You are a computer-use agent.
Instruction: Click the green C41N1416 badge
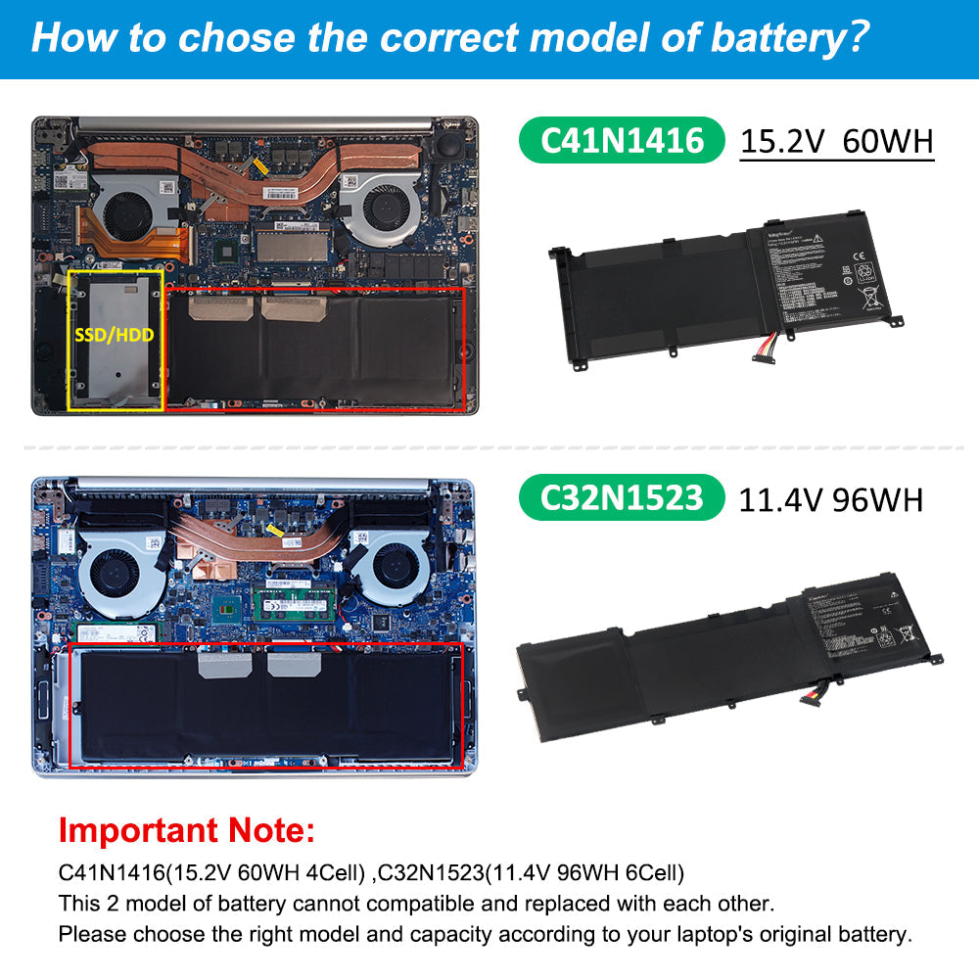point(622,140)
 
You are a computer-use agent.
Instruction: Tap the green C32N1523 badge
point(622,498)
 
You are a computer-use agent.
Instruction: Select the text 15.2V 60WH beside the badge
point(836,141)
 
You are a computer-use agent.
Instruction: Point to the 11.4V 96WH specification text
point(830,499)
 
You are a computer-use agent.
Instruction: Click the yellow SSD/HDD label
point(114,334)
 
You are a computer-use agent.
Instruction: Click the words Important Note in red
point(187,831)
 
